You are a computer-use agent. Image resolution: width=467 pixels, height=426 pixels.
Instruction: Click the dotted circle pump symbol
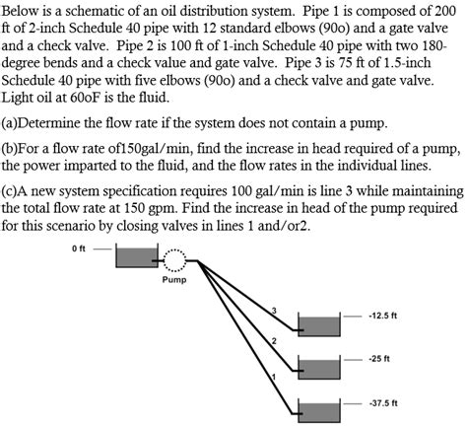pos(173,259)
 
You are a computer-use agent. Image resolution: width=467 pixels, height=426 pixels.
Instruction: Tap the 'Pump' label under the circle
pos(172,281)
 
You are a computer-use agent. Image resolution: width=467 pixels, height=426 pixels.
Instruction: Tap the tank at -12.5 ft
pos(318,326)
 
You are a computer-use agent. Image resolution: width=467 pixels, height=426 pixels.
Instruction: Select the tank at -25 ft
pos(318,369)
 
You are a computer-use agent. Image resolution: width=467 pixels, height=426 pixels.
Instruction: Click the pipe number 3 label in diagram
pos(275,313)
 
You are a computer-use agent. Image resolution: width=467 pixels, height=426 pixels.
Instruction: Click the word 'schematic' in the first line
pos(106,10)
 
